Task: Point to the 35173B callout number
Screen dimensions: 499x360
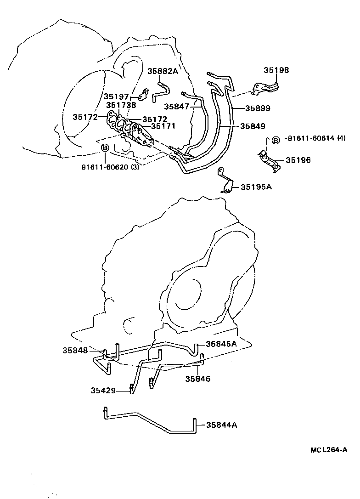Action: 122,105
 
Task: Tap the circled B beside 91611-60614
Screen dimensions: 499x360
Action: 275,140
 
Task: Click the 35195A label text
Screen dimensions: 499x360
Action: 254,187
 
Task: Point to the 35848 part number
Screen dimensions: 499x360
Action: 75,350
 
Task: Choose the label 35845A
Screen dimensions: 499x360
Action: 221,344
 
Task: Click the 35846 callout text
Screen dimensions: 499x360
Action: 197,379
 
